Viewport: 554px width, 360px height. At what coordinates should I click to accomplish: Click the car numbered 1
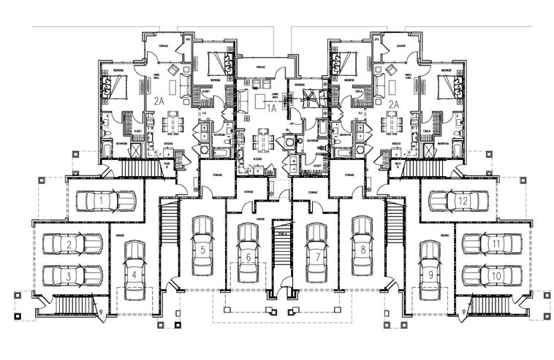[107, 199]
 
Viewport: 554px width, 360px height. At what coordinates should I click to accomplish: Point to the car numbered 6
[248, 256]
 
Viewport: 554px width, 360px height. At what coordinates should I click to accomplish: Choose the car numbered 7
[316, 256]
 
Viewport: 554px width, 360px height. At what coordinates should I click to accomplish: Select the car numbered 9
[430, 274]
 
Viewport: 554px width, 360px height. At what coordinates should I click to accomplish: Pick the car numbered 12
[459, 199]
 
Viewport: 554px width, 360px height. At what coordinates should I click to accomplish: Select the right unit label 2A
[392, 104]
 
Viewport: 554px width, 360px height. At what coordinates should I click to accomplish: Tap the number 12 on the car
[463, 199]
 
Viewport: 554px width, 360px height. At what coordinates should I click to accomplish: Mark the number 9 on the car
[430, 275]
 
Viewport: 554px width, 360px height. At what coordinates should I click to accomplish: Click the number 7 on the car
[316, 258]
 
